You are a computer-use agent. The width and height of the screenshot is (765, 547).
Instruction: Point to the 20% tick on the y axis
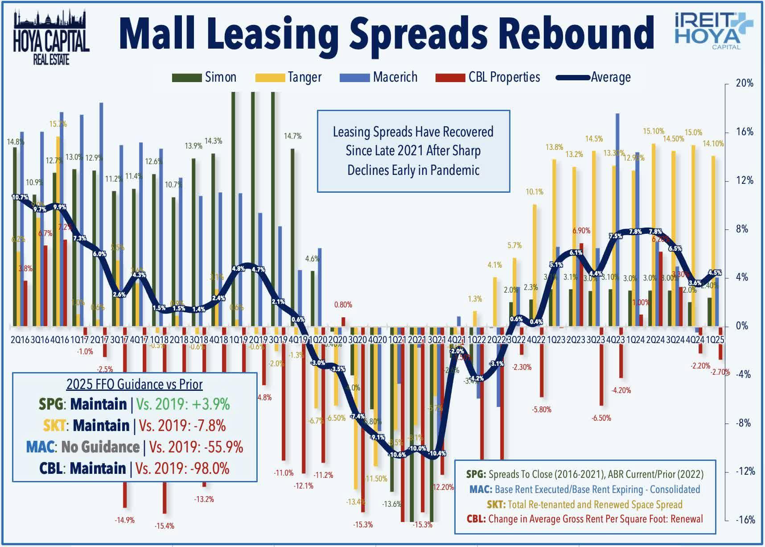click(x=744, y=83)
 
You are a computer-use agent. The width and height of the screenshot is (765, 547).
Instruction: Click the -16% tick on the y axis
click(x=744, y=520)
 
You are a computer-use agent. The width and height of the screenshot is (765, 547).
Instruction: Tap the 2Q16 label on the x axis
click(x=20, y=340)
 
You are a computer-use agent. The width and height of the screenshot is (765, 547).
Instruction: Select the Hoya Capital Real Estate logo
click(x=51, y=38)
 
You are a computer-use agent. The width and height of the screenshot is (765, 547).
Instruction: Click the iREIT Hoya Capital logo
click(x=713, y=30)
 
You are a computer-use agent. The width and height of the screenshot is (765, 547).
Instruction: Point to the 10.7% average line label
click(x=20, y=197)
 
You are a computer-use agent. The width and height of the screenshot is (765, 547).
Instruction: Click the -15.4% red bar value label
click(x=165, y=526)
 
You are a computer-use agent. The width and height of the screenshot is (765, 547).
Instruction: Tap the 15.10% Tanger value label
click(x=654, y=131)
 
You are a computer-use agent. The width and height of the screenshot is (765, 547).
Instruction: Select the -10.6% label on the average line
click(x=397, y=455)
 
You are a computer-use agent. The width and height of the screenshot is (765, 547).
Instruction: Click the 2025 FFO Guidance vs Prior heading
click(x=134, y=384)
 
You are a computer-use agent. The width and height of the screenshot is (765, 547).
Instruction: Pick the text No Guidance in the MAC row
click(x=100, y=447)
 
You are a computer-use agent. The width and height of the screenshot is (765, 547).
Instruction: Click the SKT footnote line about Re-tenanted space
click(x=584, y=505)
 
